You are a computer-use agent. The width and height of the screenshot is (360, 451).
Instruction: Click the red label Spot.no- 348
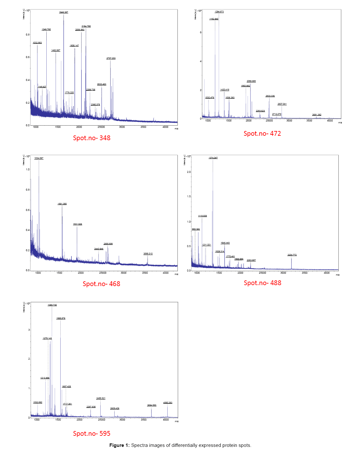tap(92, 138)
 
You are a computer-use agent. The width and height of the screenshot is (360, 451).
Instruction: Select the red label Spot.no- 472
tap(262, 134)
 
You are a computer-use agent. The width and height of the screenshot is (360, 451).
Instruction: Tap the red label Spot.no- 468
tap(101, 284)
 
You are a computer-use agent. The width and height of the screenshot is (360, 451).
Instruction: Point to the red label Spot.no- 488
tap(262, 283)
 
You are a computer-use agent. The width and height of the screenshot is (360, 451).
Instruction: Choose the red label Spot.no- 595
tap(92, 434)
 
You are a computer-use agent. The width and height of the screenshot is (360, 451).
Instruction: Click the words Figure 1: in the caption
tap(119, 445)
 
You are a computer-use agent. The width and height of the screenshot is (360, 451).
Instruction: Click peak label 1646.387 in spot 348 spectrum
tap(63, 12)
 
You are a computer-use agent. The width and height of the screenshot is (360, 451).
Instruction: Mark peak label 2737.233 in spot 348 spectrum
tap(111, 58)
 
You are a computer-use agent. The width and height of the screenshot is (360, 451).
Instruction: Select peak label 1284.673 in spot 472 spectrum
tap(219, 12)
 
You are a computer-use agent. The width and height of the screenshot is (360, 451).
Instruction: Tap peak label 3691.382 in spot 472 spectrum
tap(317, 115)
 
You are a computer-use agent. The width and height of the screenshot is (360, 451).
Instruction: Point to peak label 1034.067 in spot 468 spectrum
tap(39, 158)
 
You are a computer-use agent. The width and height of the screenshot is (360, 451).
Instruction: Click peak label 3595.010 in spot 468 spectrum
tap(148, 254)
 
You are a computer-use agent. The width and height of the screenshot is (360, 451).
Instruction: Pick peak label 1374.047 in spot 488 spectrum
tap(213, 158)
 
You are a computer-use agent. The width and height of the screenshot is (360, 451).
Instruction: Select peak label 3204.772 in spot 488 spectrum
tap(292, 255)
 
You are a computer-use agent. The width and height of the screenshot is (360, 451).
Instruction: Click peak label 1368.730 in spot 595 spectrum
tap(52, 305)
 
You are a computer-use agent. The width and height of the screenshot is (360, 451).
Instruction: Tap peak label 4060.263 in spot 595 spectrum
tap(168, 403)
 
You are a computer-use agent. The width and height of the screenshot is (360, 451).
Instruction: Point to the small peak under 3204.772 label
tap(291, 263)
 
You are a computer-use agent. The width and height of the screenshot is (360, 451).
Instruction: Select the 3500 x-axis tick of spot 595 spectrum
tap(144, 420)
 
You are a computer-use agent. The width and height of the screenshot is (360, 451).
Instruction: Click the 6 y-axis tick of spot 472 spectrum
tap(201, 32)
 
